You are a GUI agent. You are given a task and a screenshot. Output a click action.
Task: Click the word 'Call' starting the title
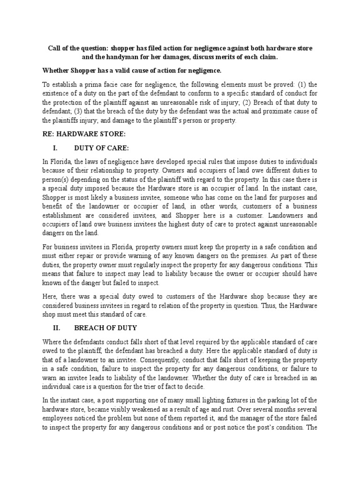coord(54,49)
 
